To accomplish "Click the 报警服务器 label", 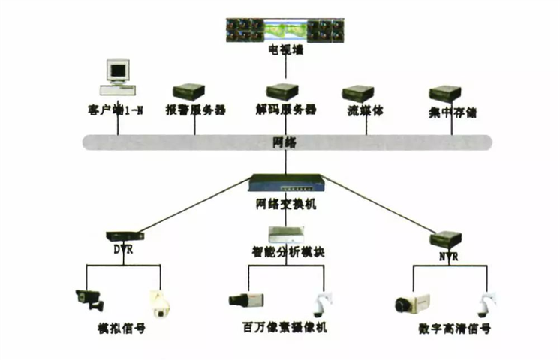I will [x=195, y=111].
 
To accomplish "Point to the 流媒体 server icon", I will [x=358, y=94].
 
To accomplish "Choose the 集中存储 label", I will [x=453, y=112].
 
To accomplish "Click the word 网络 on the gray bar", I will [x=285, y=142].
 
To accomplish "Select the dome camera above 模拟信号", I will [x=158, y=302].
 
